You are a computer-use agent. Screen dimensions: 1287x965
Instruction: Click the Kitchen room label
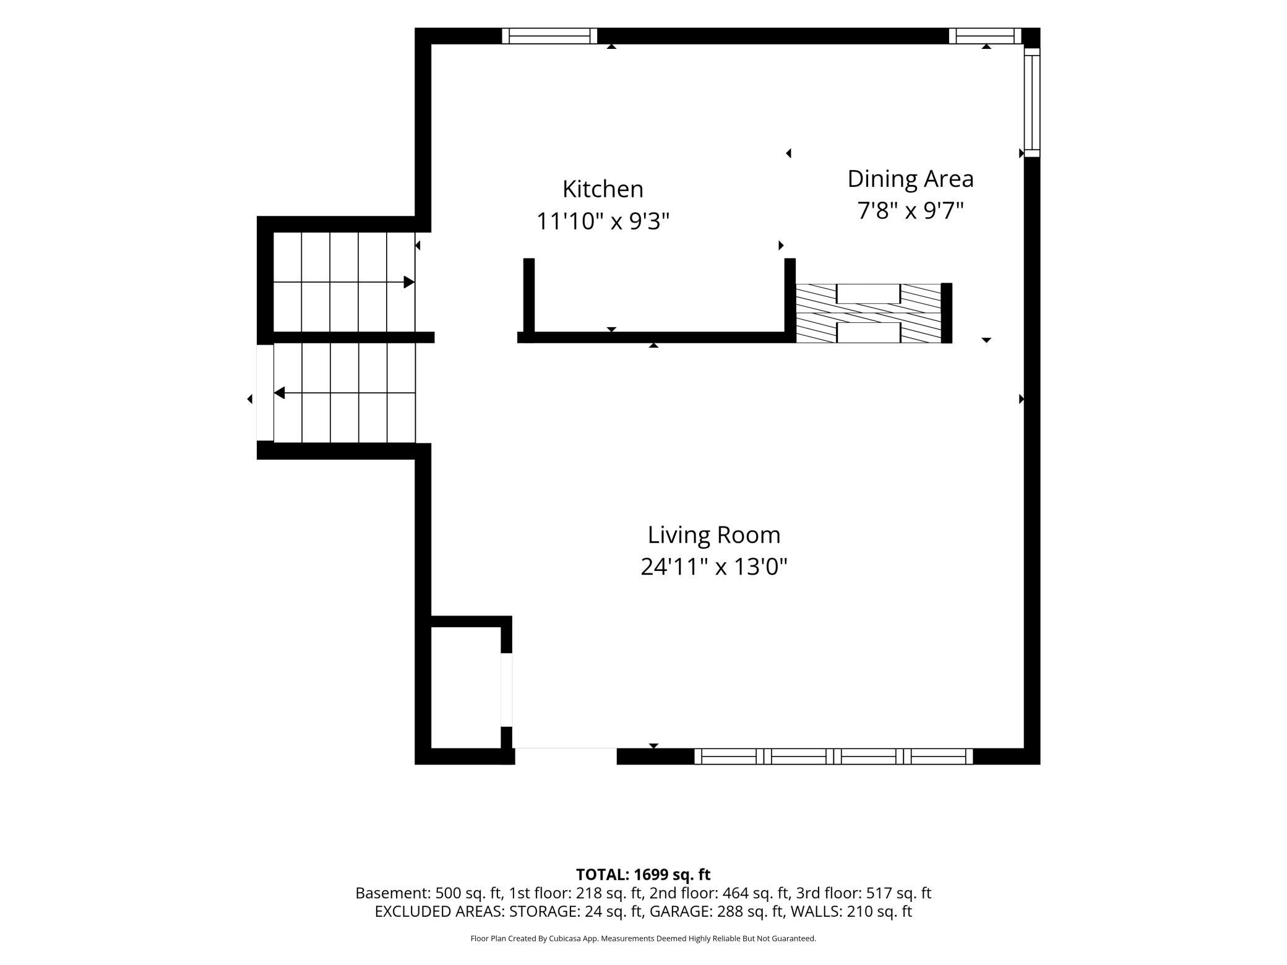[x=603, y=189]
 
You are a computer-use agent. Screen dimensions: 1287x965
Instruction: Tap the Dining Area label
[x=910, y=179]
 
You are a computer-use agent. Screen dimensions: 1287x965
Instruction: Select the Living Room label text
[x=714, y=535]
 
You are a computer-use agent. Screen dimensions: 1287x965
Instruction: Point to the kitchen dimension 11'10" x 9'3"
[x=603, y=221]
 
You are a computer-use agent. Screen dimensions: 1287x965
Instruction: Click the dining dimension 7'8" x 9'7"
[x=910, y=211]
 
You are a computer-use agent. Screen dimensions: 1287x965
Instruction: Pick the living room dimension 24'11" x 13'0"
[x=714, y=567]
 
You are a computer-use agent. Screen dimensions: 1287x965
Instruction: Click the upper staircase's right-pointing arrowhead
[x=409, y=282]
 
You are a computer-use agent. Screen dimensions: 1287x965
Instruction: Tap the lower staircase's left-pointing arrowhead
[x=279, y=393]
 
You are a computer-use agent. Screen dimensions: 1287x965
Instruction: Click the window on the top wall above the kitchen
[x=549, y=36]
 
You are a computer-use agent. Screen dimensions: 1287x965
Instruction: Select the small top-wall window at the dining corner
[x=985, y=36]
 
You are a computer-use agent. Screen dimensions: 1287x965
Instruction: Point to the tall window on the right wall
[x=1032, y=103]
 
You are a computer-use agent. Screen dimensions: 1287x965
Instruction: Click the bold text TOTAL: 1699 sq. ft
[x=643, y=875]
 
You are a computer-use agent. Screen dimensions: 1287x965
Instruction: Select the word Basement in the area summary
[x=392, y=893]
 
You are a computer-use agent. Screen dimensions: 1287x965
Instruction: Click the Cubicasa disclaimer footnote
[x=643, y=938]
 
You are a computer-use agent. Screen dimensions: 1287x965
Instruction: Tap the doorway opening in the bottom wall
[x=566, y=756]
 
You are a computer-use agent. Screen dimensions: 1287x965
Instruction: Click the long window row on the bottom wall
[x=833, y=756]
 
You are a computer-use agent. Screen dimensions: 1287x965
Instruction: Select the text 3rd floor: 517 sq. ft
[x=863, y=893]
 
